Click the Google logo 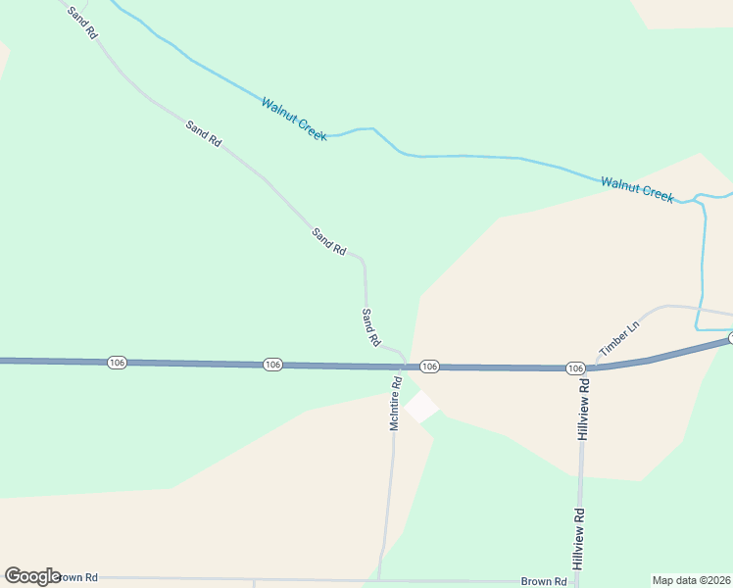[32, 576]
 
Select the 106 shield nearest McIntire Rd [428, 366]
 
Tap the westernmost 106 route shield [117, 363]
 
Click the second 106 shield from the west [272, 365]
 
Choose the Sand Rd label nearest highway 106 [370, 327]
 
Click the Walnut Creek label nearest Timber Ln [637, 188]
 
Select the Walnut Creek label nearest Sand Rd [294, 118]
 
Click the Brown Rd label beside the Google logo [78, 578]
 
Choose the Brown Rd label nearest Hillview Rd [544, 581]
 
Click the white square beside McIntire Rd [421, 406]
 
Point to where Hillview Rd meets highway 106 [585, 368]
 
